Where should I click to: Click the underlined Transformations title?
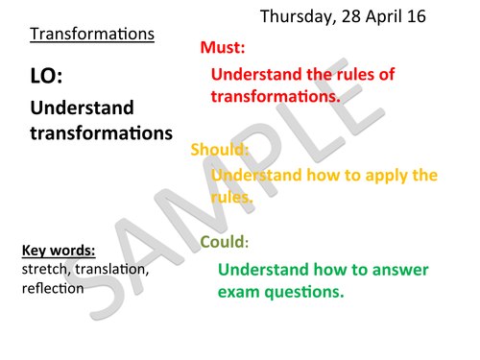[91, 35]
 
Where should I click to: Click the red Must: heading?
[226, 48]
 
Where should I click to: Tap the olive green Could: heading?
[224, 242]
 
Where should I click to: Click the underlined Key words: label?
[58, 252]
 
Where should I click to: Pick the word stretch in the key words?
[42, 270]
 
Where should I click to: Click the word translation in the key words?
[109, 270]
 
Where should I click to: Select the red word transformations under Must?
[276, 96]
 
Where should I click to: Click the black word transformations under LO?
[92, 133]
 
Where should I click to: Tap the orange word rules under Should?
[230, 197]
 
